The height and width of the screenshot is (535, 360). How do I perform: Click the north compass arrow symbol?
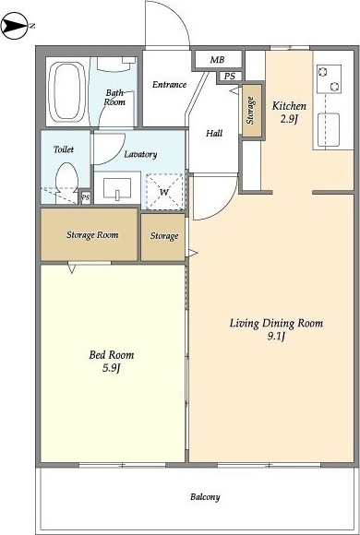point(14,26)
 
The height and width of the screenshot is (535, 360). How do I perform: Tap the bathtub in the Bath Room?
point(67,91)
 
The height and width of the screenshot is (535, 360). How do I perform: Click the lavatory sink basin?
point(117,188)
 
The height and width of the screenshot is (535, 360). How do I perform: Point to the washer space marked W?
point(164,192)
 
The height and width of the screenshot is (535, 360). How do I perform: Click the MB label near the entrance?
point(217,60)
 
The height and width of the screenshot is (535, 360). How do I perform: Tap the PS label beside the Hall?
point(230,77)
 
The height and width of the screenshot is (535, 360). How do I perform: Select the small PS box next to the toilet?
point(86,197)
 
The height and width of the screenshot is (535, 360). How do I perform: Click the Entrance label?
point(170,84)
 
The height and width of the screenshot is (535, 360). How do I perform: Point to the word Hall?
point(214,133)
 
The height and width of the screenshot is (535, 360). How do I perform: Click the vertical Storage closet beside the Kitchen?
point(252,110)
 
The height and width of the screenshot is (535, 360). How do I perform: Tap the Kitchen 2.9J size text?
point(289,119)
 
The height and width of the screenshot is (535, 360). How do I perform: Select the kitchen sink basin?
point(329,130)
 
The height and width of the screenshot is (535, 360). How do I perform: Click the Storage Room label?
point(92,234)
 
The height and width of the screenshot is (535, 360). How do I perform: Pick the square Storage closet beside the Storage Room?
point(163,237)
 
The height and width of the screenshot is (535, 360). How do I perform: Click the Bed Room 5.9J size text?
point(112,368)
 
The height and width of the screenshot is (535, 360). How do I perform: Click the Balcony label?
point(205,497)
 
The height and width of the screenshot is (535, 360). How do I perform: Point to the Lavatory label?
point(140,154)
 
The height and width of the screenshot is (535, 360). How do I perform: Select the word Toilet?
point(64,149)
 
